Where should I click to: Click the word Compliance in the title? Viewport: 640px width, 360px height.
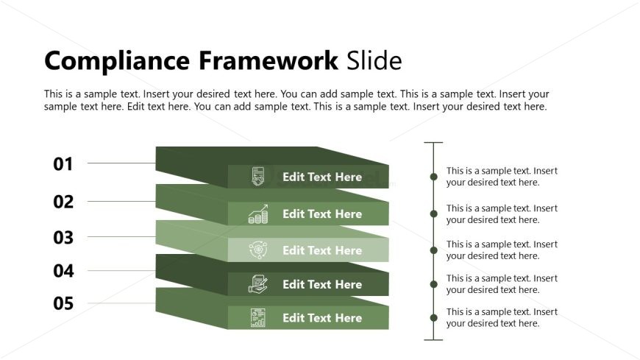[x=118, y=61]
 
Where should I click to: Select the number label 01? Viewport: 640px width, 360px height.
[x=63, y=164]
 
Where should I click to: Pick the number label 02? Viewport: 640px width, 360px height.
[x=63, y=202]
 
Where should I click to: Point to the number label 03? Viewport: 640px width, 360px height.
[x=63, y=238]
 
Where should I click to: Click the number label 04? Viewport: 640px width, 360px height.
[x=63, y=271]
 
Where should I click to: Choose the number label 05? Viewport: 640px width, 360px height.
[x=63, y=303]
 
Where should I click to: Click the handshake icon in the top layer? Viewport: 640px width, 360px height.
[x=258, y=177]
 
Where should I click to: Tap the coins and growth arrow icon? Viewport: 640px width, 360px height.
[x=258, y=214]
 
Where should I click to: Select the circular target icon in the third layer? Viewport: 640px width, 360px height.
[x=258, y=250]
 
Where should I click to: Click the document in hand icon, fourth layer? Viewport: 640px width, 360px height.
[x=258, y=284]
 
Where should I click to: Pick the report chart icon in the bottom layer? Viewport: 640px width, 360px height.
[x=258, y=318]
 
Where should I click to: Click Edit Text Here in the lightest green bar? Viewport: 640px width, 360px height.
[x=322, y=250]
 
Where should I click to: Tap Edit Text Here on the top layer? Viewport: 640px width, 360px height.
[x=322, y=177]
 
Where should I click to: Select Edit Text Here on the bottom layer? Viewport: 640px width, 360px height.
[x=322, y=318]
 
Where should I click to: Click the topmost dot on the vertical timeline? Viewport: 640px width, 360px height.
[x=433, y=177]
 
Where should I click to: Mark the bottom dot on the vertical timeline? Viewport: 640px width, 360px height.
[x=433, y=318]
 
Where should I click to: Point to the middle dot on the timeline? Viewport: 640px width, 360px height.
[x=433, y=250]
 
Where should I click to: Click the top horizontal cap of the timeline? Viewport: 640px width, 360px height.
[x=433, y=143]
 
